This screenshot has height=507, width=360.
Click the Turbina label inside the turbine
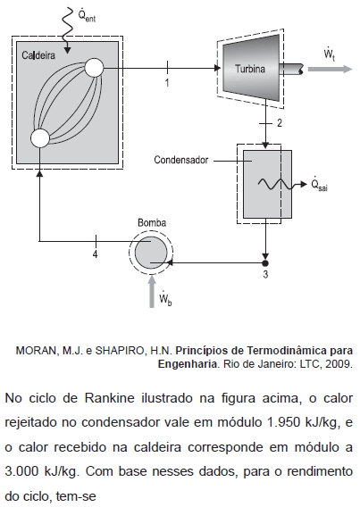point(250,69)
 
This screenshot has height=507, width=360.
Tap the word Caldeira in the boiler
point(38,55)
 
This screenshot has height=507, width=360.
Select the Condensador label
point(181,160)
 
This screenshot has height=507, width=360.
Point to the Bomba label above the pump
point(152,223)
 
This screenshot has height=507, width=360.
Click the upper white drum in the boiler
point(94,68)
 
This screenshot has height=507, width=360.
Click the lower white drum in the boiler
point(40,138)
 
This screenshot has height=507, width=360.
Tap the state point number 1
point(167,83)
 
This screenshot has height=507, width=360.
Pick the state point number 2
point(279,123)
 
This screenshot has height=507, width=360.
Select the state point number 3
point(265,274)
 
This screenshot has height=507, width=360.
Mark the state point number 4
point(95,254)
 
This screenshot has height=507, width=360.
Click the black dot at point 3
point(265,262)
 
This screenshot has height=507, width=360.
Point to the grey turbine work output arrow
point(330,70)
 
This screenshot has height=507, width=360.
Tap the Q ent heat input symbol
point(87,14)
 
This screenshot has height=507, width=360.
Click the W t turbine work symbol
point(330,54)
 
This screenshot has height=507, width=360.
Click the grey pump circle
point(151,253)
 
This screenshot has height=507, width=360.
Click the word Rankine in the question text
point(109,398)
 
